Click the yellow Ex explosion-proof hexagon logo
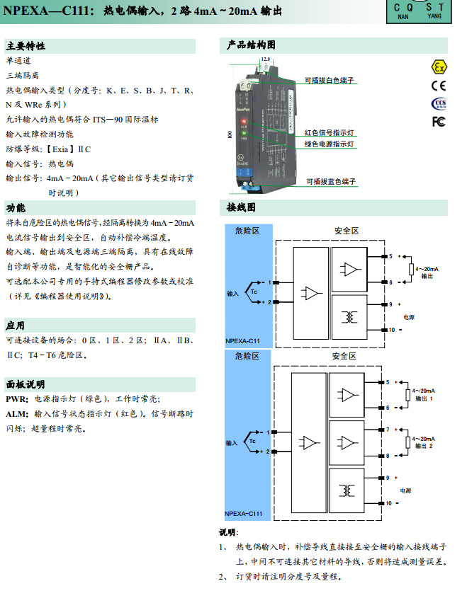439,67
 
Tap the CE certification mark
439,86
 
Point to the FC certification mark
439,122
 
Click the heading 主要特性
26,46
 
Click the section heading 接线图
241,208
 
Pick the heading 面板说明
26,384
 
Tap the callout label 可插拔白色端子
330,81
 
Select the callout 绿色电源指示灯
330,144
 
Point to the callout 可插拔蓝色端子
331,182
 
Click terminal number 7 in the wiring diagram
388,429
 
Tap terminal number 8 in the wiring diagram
388,455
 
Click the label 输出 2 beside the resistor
423,447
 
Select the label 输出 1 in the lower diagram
423,398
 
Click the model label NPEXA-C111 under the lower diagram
244,514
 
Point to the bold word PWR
17,399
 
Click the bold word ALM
17,413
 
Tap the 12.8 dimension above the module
265,59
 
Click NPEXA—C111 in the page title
47,11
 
